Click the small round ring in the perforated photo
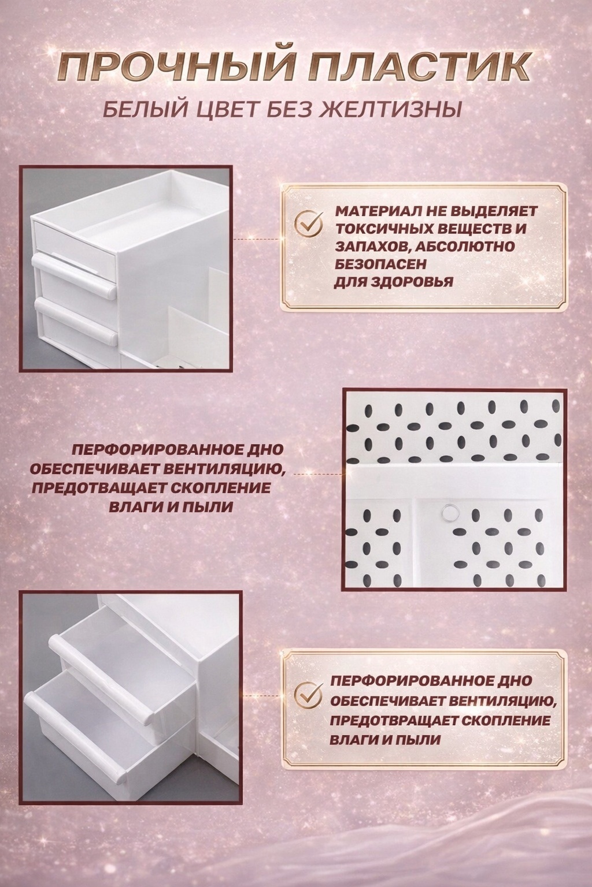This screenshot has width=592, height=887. (x=447, y=512)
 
